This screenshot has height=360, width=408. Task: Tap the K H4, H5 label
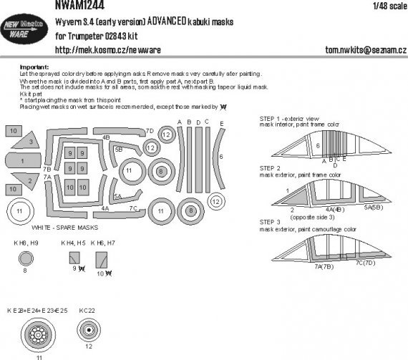click(72, 244)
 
